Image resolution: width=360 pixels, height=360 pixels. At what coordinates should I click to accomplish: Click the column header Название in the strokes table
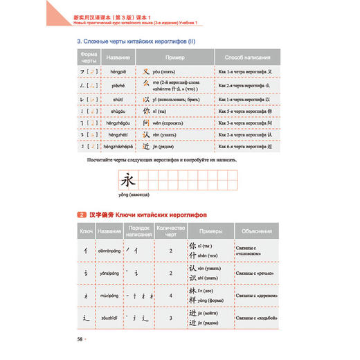click(x=115, y=58)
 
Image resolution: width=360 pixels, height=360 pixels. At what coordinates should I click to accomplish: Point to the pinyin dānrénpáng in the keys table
click(x=111, y=252)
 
